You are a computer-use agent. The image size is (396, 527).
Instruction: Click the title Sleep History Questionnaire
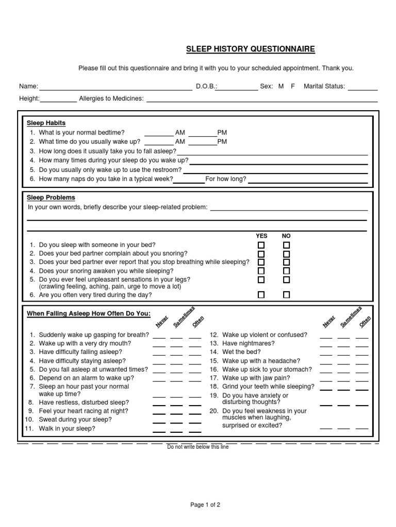250,49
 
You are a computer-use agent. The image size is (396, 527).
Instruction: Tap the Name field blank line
115,88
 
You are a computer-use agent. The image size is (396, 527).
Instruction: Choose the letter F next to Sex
293,86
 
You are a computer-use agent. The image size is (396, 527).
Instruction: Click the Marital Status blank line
362,88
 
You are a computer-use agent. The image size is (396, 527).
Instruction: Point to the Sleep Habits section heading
46,123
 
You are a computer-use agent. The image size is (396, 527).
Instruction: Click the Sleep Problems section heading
51,198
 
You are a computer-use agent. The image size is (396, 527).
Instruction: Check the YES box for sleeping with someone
261,245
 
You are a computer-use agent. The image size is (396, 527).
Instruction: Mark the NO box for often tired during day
287,295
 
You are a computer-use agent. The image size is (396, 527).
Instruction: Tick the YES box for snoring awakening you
261,271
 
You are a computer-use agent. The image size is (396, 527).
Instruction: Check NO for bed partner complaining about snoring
287,254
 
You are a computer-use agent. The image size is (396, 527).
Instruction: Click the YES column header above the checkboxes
261,236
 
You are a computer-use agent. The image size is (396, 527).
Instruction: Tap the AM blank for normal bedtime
159,134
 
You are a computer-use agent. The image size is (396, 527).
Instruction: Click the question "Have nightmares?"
248,343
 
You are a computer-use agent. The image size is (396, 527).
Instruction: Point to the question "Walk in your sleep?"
67,428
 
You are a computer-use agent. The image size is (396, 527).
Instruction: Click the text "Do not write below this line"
198,447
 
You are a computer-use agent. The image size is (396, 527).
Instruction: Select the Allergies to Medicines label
111,99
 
